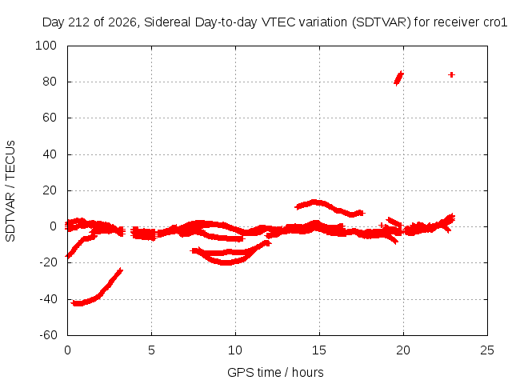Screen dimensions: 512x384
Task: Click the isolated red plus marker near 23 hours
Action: [x=451, y=74]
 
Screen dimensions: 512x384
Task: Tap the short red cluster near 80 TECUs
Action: [x=398, y=78]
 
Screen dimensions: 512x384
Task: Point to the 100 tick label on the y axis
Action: [x=46, y=46]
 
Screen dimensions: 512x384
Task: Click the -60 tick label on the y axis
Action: [x=48, y=335]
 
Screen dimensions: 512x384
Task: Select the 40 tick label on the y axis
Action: [x=50, y=154]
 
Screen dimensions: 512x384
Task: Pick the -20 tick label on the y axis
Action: [x=48, y=262]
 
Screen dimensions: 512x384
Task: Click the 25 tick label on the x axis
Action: [x=487, y=350]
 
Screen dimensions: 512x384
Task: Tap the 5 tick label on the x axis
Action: [x=151, y=350]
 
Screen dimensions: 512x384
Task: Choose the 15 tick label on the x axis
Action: [x=319, y=350]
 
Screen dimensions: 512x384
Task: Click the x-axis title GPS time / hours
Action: [x=275, y=373]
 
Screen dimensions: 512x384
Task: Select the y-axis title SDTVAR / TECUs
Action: [x=10, y=191]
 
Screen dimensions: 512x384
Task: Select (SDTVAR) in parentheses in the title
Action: [x=382, y=22]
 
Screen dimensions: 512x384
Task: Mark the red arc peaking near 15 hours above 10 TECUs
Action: [x=330, y=206]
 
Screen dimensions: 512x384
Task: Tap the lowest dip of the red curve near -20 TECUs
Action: [x=226, y=262]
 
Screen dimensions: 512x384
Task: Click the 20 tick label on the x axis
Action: [x=403, y=350]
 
